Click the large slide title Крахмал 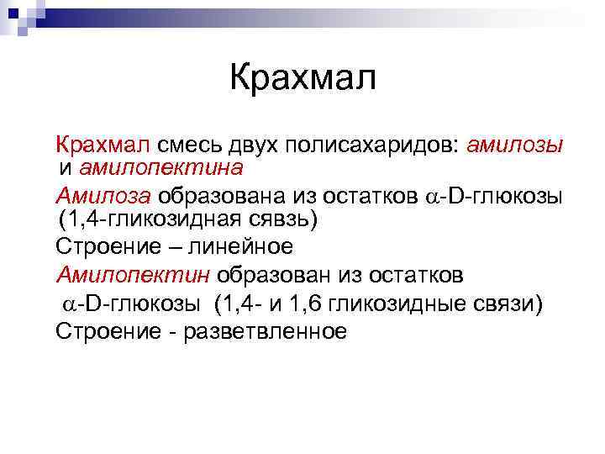tap(303, 79)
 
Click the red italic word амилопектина tap(161, 167)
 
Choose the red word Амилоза tap(103, 196)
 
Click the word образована tap(218, 196)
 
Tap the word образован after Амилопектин tap(278, 275)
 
